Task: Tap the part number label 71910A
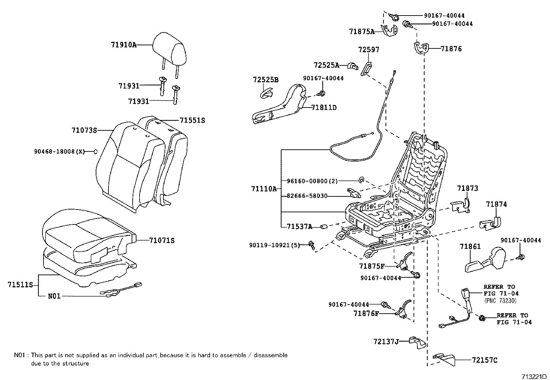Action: (124, 45)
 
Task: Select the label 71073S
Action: (84, 130)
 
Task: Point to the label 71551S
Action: (192, 120)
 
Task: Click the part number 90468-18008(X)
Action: (59, 151)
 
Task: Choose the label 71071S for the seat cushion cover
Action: (162, 240)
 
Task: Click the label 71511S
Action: (20, 285)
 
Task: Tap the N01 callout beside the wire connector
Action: (54, 296)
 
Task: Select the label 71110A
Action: (264, 189)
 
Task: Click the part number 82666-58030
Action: (307, 196)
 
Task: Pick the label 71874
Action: (496, 204)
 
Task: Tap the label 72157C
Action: (485, 360)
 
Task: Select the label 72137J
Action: (386, 342)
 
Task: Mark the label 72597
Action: (369, 50)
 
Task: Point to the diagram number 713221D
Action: (535, 376)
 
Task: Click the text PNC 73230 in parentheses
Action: (500, 300)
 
